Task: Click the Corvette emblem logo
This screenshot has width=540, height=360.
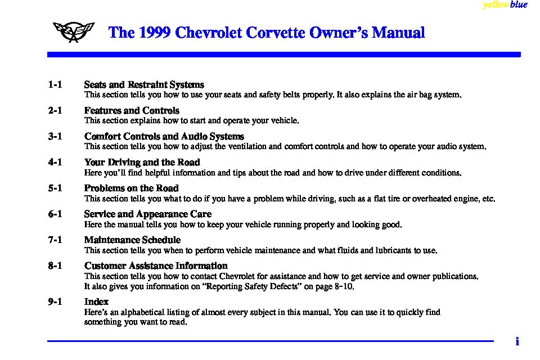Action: [x=73, y=33]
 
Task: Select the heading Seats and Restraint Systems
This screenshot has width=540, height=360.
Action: [x=144, y=85]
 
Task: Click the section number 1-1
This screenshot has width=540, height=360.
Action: [x=55, y=85]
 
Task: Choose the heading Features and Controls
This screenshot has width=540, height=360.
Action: [x=132, y=111]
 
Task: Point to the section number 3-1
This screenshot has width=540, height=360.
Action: [x=55, y=137]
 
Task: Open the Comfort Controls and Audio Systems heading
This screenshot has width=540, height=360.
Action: [x=164, y=137]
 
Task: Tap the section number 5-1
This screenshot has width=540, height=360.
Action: [x=55, y=188]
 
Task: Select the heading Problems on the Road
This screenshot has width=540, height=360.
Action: [x=132, y=188]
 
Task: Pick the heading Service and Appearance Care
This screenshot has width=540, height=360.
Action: [x=148, y=214]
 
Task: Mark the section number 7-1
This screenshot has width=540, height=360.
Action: [x=55, y=240]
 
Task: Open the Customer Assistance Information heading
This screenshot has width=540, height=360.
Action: [x=156, y=266]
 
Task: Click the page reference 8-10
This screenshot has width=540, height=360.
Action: [x=343, y=286]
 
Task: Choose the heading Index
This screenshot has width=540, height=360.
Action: [x=96, y=302]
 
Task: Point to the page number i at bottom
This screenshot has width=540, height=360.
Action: [x=517, y=341]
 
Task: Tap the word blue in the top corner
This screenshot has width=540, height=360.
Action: [x=519, y=5]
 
